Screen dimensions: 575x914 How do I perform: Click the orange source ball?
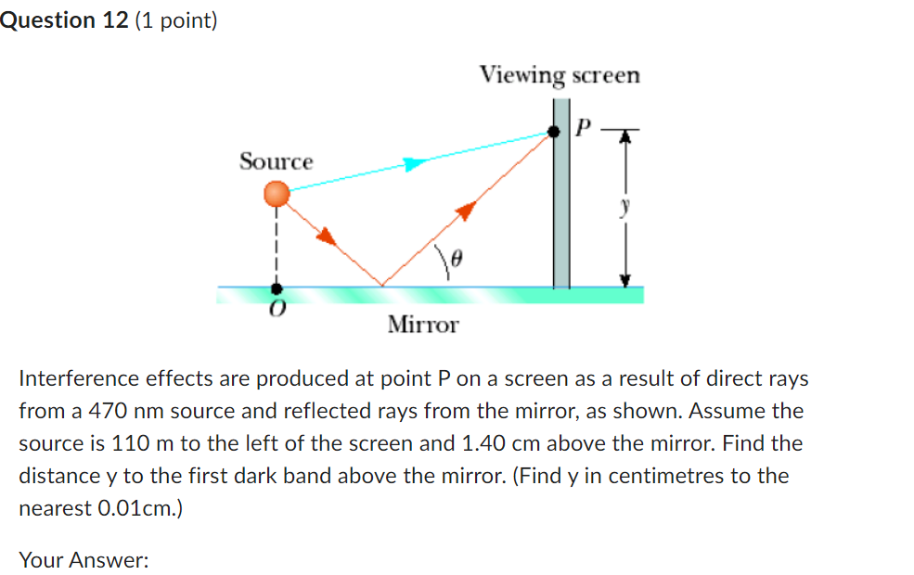click(277, 194)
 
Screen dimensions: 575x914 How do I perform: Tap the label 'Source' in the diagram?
click(277, 161)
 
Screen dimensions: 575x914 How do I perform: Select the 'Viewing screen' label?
click(560, 75)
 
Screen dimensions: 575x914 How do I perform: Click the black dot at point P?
click(554, 132)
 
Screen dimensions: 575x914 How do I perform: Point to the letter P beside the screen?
click(583, 127)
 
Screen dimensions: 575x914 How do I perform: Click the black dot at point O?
click(276, 288)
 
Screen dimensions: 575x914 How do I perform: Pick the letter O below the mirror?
click(276, 311)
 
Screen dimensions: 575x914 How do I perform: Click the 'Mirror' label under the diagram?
click(423, 325)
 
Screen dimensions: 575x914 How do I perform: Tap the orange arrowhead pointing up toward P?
click(467, 211)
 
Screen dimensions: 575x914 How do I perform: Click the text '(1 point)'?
click(176, 20)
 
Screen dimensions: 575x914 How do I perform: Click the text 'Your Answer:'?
click(84, 560)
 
